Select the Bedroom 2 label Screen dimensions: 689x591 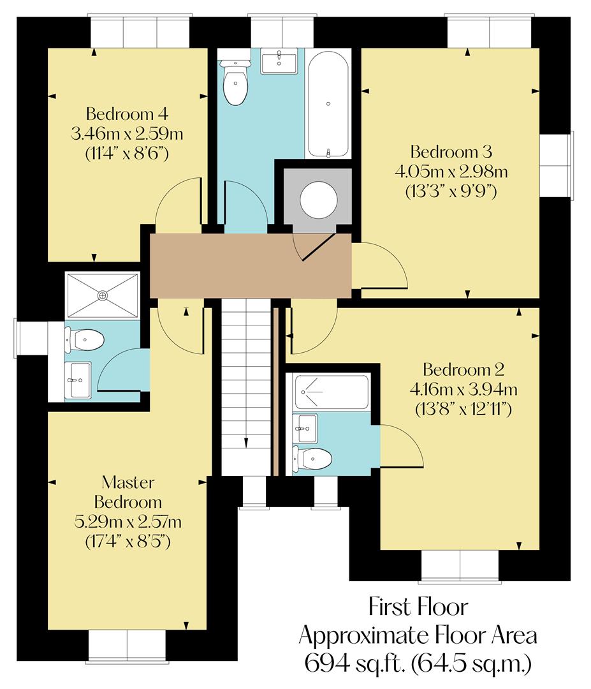(463, 369)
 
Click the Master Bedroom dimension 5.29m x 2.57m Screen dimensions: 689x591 (128, 522)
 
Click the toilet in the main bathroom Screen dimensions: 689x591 (236, 84)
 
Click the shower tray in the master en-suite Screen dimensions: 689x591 (103, 295)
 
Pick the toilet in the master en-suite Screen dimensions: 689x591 (84, 339)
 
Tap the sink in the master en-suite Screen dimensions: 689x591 (78, 380)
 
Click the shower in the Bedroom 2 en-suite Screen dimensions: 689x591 (332, 392)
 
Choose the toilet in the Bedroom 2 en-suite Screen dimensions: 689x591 (312, 458)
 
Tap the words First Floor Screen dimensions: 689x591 (418, 606)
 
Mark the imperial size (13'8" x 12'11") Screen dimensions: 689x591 (463, 409)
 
